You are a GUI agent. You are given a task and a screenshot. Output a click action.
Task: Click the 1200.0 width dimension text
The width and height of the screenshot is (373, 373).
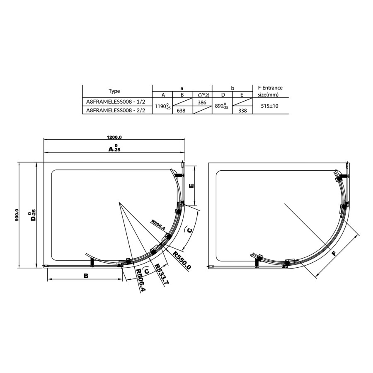114,137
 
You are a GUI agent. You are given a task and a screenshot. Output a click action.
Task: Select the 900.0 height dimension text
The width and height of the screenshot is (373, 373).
17,215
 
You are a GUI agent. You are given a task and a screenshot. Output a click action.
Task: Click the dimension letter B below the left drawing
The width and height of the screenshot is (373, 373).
86,276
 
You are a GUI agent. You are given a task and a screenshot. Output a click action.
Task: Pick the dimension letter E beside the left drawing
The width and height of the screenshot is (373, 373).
191,186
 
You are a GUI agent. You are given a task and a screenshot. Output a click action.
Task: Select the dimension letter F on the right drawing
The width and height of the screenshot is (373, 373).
334,254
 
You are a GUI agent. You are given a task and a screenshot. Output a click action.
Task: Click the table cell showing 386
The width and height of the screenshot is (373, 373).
202,102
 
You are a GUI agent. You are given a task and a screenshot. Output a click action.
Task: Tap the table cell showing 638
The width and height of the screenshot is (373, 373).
181,111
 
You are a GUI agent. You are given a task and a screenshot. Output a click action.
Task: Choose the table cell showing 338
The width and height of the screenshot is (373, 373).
242,111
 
